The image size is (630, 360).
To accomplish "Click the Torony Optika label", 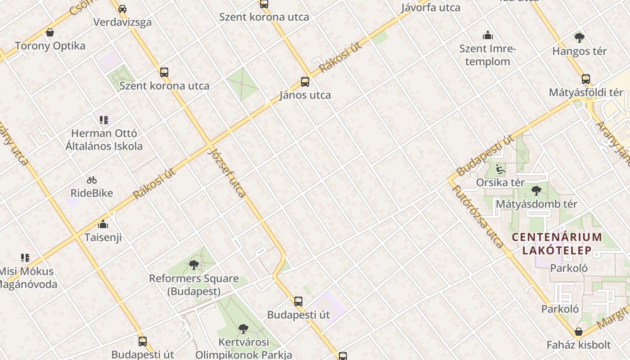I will (x=50, y=46).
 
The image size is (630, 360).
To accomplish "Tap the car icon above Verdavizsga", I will (x=122, y=9).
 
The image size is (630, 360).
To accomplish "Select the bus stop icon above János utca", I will (x=305, y=82).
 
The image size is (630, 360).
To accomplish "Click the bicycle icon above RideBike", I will (x=92, y=180).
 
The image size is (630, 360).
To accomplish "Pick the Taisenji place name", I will (x=103, y=237).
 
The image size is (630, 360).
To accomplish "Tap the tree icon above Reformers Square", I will (x=194, y=265).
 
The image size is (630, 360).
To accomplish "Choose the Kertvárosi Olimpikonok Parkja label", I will (x=243, y=348).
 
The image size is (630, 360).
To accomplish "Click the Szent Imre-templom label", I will (x=488, y=55).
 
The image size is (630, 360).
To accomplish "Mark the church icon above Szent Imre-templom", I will (x=488, y=35).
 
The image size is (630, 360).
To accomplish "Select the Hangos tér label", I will (x=580, y=51).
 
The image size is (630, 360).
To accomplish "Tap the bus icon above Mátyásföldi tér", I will (x=586, y=79).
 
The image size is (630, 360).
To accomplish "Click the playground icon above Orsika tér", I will (x=500, y=170).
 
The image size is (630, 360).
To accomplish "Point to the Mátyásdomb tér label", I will (x=536, y=204).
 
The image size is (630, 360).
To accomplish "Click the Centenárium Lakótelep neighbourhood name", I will (x=557, y=243).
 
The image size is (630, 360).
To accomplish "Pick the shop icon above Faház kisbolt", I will (x=579, y=332).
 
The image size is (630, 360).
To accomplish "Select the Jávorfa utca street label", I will (x=431, y=8).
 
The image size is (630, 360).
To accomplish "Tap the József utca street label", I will (x=227, y=173).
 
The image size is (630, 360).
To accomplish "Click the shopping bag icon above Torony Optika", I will (x=50, y=32).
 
